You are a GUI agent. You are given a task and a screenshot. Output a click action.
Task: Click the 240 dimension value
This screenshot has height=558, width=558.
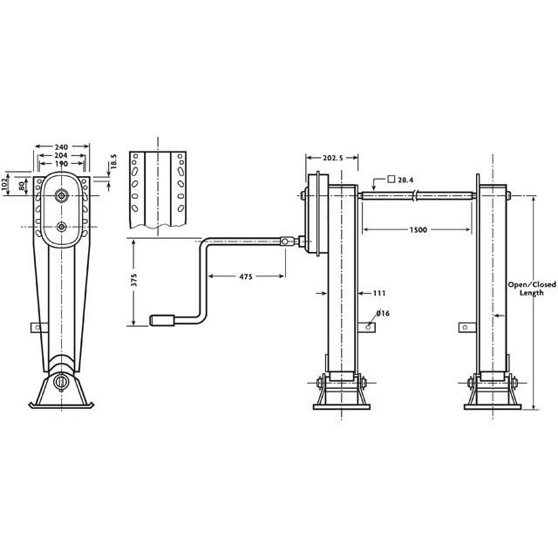click(x=61, y=146)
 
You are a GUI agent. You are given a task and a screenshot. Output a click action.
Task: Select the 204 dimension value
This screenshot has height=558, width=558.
click(x=61, y=154)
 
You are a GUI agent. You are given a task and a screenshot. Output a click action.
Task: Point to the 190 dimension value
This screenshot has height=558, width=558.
click(x=61, y=163)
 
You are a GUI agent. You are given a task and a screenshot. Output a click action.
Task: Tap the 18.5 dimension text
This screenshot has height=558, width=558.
click(x=113, y=163)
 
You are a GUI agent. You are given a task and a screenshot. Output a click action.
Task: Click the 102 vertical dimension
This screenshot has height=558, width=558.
click(x=6, y=185)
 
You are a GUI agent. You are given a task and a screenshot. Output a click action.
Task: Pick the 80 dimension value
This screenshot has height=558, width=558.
click(x=22, y=185)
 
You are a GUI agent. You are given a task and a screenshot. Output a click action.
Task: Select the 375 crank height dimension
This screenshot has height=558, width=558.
click(x=133, y=282)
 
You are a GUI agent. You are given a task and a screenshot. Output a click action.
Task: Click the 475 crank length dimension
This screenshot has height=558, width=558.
click(x=245, y=276)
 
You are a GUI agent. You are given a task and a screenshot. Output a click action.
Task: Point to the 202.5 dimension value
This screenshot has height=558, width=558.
click(x=324, y=158)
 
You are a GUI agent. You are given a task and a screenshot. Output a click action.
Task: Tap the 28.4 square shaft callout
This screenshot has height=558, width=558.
click(x=407, y=179)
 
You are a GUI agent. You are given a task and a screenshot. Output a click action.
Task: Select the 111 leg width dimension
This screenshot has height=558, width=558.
click(x=379, y=293)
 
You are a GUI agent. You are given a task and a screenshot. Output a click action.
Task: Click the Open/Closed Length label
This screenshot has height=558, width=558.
click(x=526, y=288)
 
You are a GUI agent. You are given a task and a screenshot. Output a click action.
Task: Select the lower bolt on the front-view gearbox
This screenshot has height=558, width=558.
click(x=61, y=228)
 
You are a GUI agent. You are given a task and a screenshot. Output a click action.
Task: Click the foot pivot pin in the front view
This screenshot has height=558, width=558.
click(x=61, y=381)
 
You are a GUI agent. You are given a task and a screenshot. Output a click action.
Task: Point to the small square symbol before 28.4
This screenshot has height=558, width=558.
click(x=393, y=179)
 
